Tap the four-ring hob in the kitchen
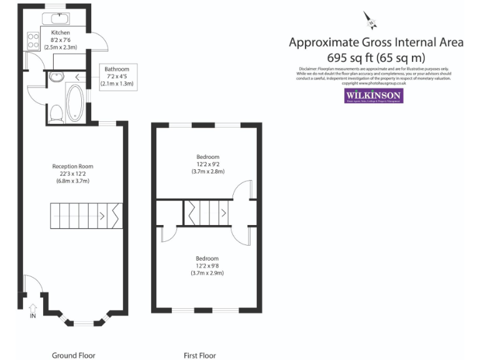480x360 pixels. click(x=32, y=42)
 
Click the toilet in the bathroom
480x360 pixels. click(x=56, y=113)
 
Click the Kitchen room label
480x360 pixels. click(x=61, y=32)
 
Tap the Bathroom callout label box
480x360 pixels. click(x=117, y=76)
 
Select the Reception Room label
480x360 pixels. click(x=72, y=166)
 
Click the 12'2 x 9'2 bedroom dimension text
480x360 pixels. click(x=207, y=164)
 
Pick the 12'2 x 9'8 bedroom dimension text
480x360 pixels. click(x=207, y=266)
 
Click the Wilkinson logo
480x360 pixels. click(x=374, y=95)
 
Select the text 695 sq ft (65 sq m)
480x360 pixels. click(x=376, y=57)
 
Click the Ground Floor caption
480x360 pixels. click(x=73, y=356)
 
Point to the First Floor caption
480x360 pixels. click(x=199, y=356)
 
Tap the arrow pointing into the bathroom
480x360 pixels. click(x=78, y=77)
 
